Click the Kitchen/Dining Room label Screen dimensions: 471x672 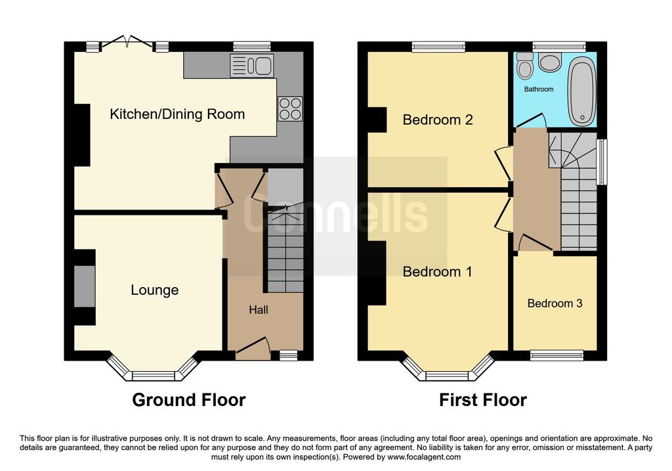coord(177,114)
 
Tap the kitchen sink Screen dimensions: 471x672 coord(252,65)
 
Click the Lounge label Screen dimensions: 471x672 coord(155,290)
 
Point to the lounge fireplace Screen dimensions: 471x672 coord(84,286)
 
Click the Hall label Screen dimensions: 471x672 coord(258,309)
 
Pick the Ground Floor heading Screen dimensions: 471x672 coord(189,399)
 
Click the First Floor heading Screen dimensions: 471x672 coord(483,399)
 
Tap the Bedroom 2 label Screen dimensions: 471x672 coord(438,120)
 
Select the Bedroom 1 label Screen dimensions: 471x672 coord(438,271)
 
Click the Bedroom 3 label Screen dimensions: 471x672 coord(555,303)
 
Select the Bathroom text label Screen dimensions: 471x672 coord(539,89)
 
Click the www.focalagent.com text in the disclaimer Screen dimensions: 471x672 coord(424,457)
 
